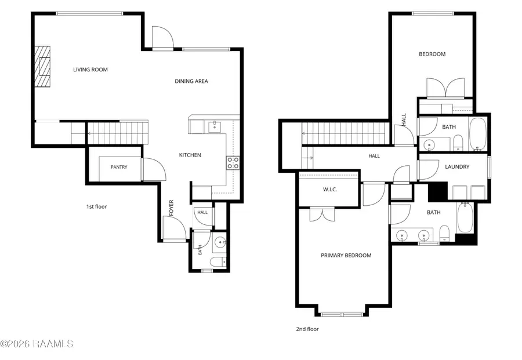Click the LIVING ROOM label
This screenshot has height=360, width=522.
(x=90, y=70)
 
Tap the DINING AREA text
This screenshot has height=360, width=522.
(x=191, y=81)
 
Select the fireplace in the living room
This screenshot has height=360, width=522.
(x=43, y=67)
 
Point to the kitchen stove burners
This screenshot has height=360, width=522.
(x=233, y=163)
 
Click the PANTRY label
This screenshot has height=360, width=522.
(x=119, y=167)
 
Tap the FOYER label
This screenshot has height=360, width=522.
(x=172, y=208)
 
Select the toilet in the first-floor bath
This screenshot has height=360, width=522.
(x=219, y=261)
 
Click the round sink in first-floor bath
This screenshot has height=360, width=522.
(x=219, y=242)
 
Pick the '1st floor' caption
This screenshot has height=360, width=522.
(x=96, y=206)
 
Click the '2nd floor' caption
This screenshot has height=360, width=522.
(x=307, y=329)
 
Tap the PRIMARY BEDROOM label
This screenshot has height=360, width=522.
(x=346, y=256)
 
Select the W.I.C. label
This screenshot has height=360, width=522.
(x=330, y=190)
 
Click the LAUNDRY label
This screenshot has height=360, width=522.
(x=457, y=167)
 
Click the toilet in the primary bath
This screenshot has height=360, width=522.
(x=444, y=233)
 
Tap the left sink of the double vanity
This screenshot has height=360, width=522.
(x=402, y=235)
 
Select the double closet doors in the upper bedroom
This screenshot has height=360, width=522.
(x=446, y=89)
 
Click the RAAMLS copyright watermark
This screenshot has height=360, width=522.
(x=37, y=344)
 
